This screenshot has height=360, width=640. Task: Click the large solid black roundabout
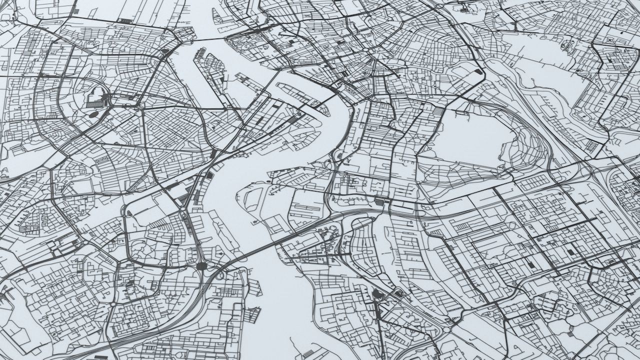tap(201, 266)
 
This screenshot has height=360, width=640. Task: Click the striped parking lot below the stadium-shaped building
tap(93, 103)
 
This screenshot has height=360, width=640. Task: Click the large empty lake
tap(470, 135)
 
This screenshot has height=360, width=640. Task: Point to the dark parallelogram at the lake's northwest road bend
tap(478, 72)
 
